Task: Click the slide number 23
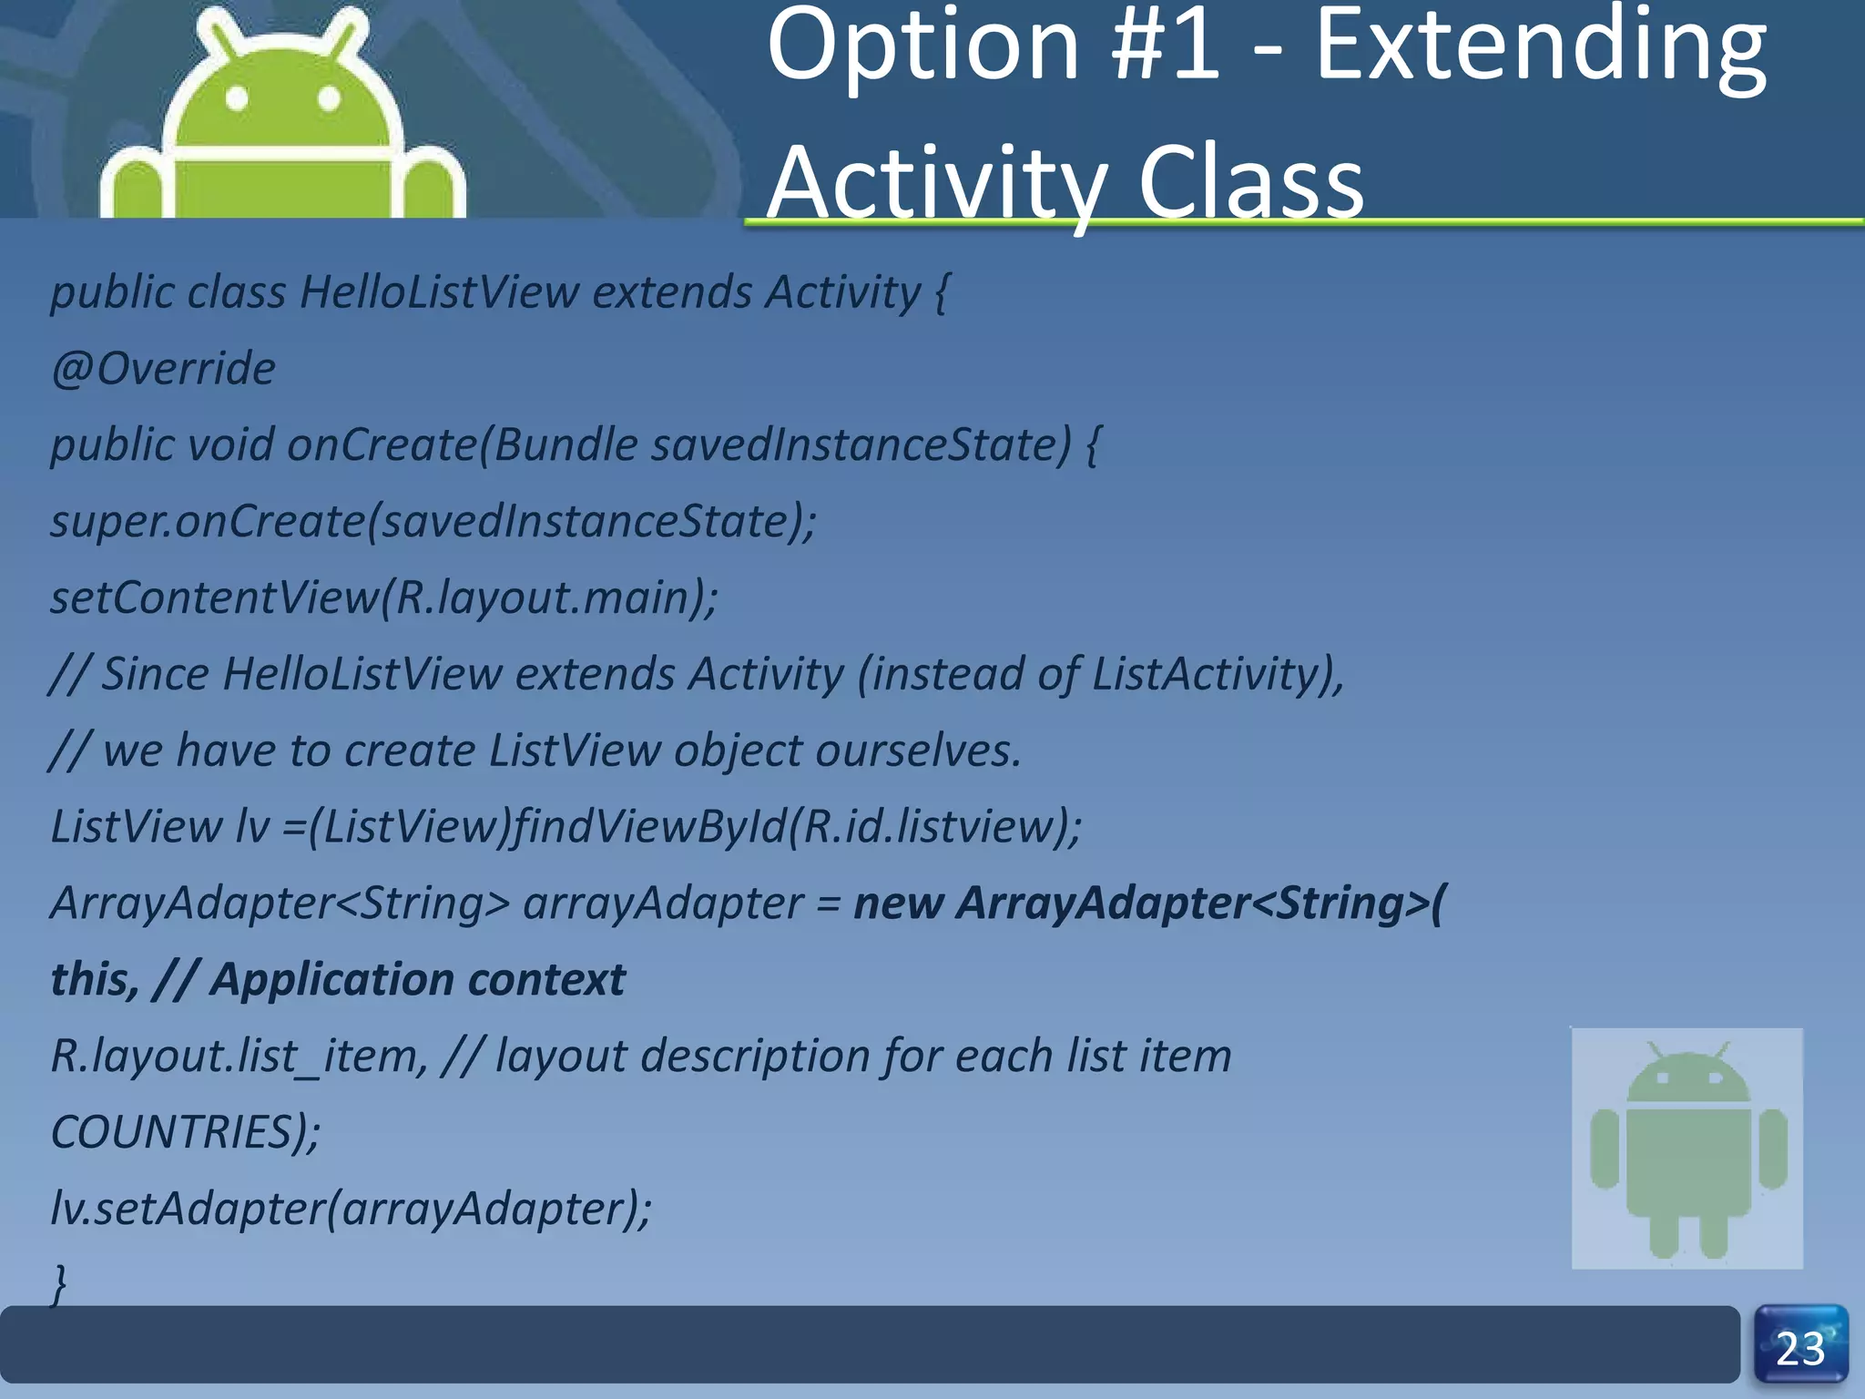click(x=1800, y=1348)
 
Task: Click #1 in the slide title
click(x=1167, y=46)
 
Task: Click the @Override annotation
click(x=163, y=369)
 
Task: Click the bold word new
click(x=897, y=904)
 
